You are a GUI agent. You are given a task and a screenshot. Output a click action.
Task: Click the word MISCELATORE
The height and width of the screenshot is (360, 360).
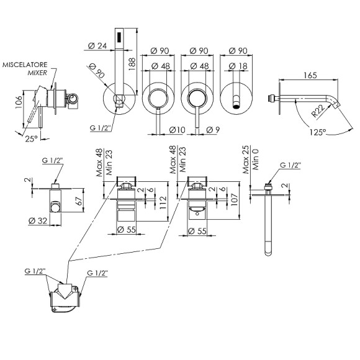click(x=25, y=65)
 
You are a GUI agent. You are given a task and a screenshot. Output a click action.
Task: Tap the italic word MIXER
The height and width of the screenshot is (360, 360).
click(x=37, y=73)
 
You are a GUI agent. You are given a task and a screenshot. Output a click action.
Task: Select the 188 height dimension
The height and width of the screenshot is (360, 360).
click(x=132, y=64)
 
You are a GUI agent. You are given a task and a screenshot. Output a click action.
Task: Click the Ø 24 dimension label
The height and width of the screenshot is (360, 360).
click(x=97, y=46)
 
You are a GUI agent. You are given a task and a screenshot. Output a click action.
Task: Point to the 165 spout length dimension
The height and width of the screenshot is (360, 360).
click(x=310, y=75)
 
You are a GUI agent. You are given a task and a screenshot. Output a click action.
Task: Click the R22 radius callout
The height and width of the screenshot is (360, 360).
click(x=318, y=110)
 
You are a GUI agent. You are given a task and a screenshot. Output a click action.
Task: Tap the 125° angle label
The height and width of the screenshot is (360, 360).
click(x=318, y=132)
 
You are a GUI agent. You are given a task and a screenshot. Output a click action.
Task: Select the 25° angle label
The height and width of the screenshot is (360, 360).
click(x=32, y=138)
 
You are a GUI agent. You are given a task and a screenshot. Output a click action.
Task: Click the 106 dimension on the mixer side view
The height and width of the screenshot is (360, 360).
click(x=19, y=102)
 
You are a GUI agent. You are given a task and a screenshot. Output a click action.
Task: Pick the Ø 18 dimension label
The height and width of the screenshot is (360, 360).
click(x=238, y=66)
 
